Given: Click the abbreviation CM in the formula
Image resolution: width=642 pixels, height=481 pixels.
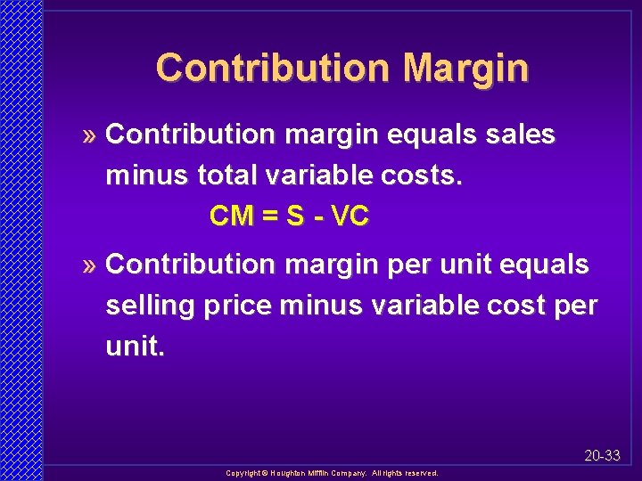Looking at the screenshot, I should click(x=231, y=216).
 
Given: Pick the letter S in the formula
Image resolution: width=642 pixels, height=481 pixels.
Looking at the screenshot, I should click(x=295, y=216).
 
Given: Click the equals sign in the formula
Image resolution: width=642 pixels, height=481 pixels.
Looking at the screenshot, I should click(x=268, y=216).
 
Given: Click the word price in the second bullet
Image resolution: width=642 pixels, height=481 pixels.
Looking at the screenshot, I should click(x=238, y=306).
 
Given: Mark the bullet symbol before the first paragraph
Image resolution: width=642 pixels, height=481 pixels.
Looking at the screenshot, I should click(x=89, y=136).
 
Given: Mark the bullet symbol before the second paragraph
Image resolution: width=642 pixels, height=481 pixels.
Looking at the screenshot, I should click(x=89, y=265).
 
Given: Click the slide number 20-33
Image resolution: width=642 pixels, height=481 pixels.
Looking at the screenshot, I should click(x=603, y=455).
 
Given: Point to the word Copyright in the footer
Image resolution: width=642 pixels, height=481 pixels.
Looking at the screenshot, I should click(x=243, y=474).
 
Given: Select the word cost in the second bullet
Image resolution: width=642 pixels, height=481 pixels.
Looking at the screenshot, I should click(x=515, y=306).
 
